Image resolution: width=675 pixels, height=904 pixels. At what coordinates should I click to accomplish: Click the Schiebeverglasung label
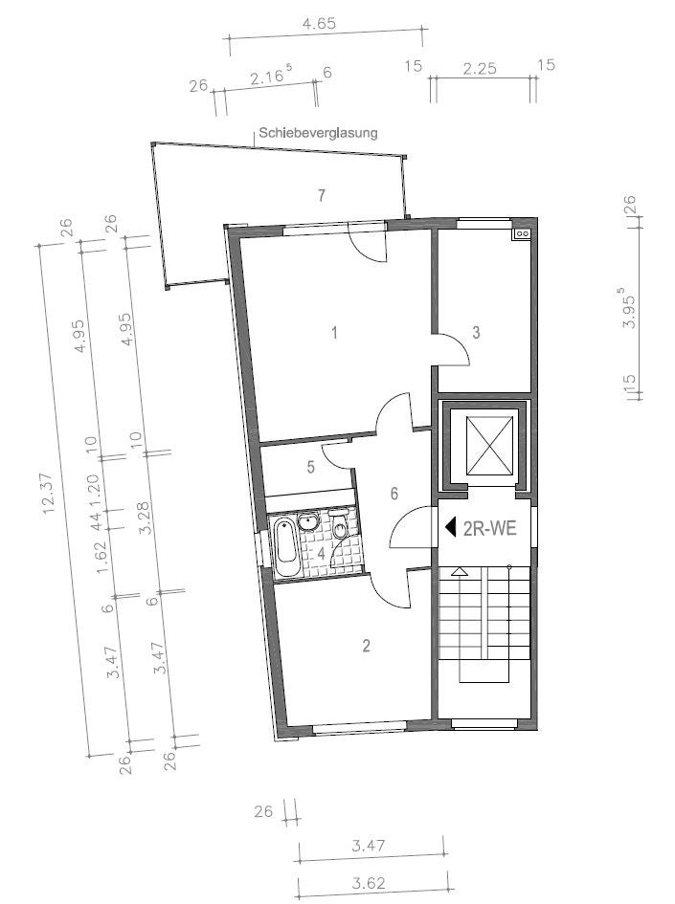(318, 133)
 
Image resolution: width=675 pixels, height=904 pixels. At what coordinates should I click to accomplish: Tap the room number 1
(334, 333)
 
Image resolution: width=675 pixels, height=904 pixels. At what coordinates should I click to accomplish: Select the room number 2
(366, 646)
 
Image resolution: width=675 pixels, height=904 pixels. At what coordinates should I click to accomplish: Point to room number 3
(476, 332)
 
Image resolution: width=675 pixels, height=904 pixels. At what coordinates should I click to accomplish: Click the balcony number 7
(322, 195)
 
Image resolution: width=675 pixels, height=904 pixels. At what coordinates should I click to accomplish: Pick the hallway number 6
(394, 494)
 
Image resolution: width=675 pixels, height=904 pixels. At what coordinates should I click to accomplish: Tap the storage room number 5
(311, 467)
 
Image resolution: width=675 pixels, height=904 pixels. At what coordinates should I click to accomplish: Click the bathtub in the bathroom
(286, 547)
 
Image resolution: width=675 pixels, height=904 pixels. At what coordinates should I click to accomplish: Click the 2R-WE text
(490, 528)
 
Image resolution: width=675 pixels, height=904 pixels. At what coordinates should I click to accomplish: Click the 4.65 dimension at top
(319, 24)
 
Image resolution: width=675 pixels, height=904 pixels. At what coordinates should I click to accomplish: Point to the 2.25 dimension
(480, 69)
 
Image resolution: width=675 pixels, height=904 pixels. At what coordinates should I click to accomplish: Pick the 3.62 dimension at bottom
(368, 883)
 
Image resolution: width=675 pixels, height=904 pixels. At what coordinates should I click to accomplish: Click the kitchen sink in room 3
(523, 233)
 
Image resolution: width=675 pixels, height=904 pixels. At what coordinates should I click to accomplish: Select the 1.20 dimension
(96, 487)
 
